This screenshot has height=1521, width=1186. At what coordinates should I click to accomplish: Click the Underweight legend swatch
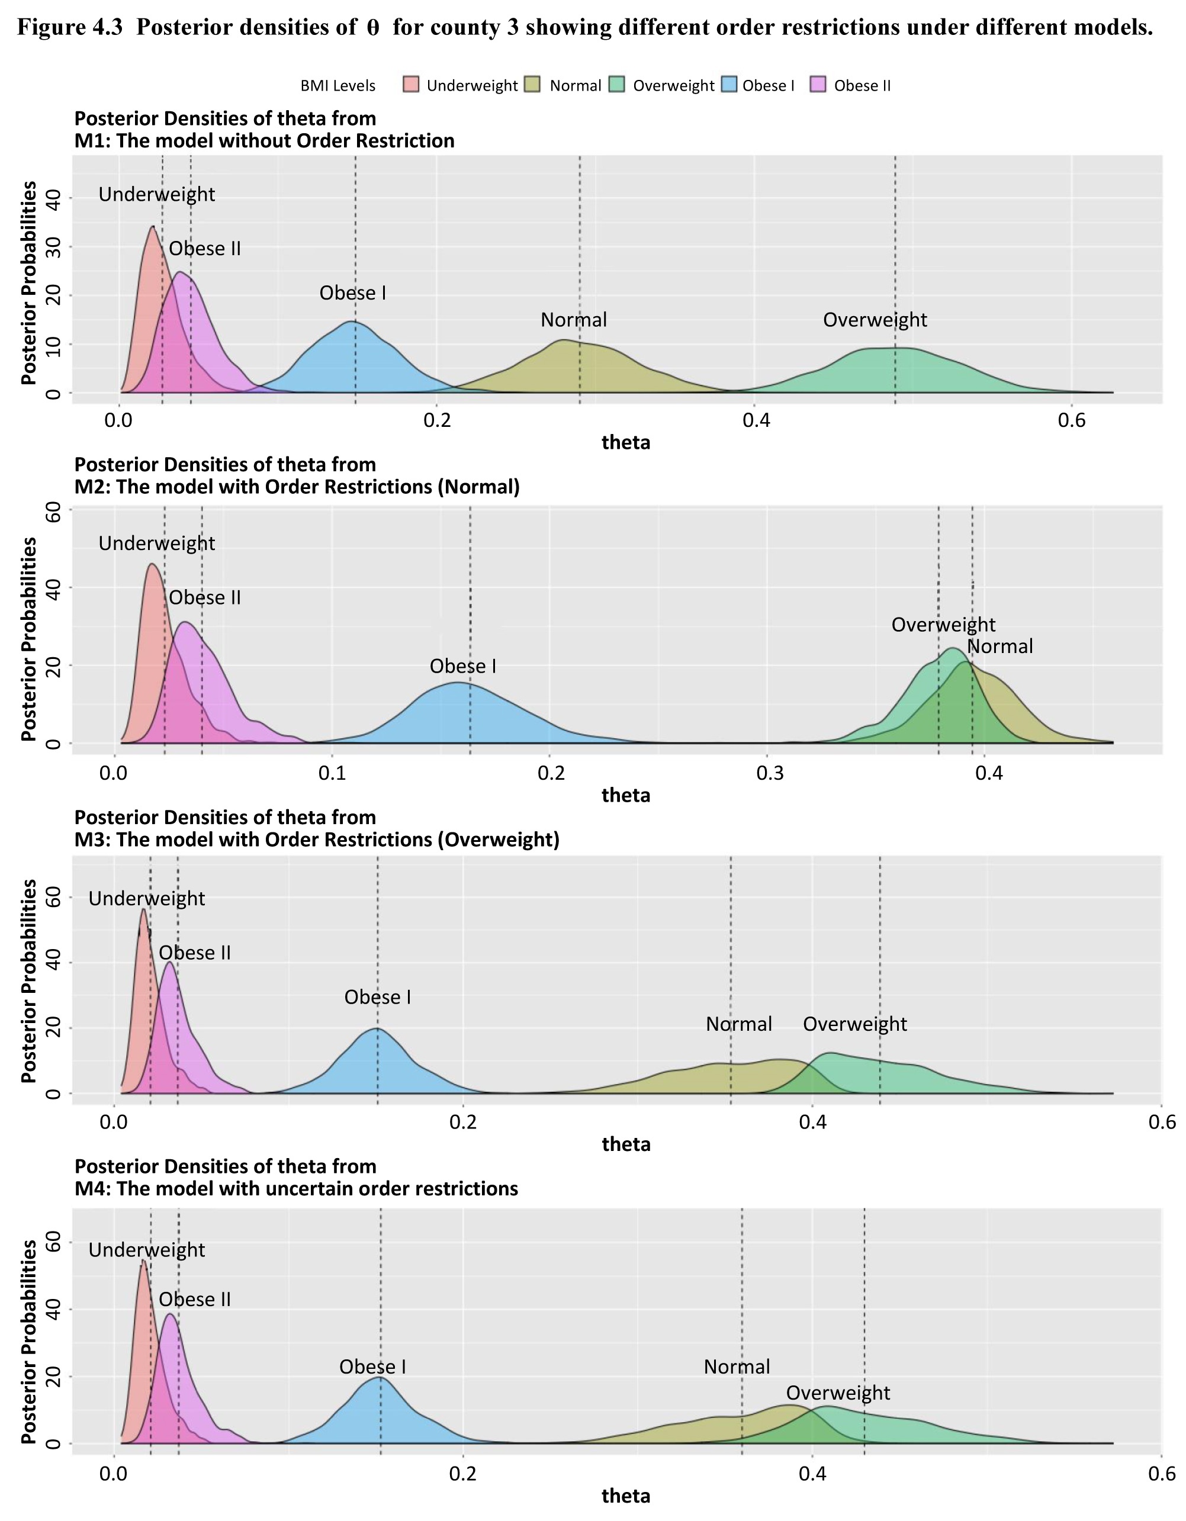click(x=411, y=85)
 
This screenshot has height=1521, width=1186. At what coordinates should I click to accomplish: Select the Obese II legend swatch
click(x=818, y=85)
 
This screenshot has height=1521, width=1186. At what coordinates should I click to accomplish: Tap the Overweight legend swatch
click(x=616, y=85)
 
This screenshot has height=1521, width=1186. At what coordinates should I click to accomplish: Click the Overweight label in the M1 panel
click(x=875, y=320)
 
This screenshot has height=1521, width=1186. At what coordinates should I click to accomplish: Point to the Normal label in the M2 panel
click(x=1000, y=647)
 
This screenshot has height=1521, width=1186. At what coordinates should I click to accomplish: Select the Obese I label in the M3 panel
click(x=377, y=997)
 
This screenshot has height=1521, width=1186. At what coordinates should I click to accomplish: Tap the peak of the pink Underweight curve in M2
click(x=152, y=564)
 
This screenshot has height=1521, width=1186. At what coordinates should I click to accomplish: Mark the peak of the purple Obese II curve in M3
click(x=169, y=963)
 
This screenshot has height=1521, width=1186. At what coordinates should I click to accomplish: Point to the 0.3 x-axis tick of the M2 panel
click(x=770, y=773)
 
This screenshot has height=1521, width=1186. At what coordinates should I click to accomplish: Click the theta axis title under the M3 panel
click(x=626, y=1144)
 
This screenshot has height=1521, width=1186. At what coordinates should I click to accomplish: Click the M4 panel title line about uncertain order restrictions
click(x=297, y=1188)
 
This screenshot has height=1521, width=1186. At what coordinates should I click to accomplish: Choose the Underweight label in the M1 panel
click(x=157, y=194)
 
